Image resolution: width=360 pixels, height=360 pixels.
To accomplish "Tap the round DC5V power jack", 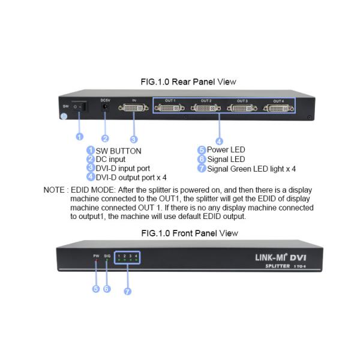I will (x=106, y=107).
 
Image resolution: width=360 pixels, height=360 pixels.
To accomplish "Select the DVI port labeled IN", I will (x=134, y=109).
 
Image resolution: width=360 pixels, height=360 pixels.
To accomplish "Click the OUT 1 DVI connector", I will (x=170, y=109).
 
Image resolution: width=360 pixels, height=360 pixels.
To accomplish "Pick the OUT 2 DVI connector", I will (x=206, y=109).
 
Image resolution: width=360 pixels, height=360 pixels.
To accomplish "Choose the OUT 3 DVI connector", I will (x=242, y=109).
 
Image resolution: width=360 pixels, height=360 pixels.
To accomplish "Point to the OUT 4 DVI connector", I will (x=278, y=109).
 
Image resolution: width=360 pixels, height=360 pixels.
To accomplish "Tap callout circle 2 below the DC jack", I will (x=106, y=138).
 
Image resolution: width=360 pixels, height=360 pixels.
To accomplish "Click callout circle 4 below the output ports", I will (x=219, y=142).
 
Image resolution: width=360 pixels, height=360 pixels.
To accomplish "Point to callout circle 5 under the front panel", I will (x=95, y=288).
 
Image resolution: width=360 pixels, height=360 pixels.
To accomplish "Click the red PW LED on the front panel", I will (x=95, y=262).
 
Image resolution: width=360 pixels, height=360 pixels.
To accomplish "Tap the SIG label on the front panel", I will (x=107, y=256).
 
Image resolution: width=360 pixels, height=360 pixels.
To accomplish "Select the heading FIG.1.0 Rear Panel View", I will (x=180, y=82).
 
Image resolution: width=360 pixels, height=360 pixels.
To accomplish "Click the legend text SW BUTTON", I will (x=119, y=151).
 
